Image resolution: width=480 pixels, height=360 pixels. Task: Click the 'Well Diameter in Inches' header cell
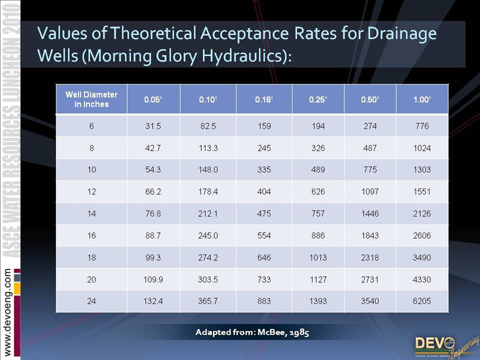[91, 99]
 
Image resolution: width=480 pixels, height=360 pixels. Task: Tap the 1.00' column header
[422, 100]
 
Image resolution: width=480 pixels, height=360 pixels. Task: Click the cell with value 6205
[422, 301]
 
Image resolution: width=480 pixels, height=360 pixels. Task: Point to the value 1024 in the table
[422, 148]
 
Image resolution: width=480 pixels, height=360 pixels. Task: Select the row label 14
[91, 214]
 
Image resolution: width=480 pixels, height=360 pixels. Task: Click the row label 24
[91, 301]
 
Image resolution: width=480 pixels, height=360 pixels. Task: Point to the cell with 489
[318, 170]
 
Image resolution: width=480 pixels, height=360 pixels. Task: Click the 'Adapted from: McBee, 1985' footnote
[252, 332]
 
